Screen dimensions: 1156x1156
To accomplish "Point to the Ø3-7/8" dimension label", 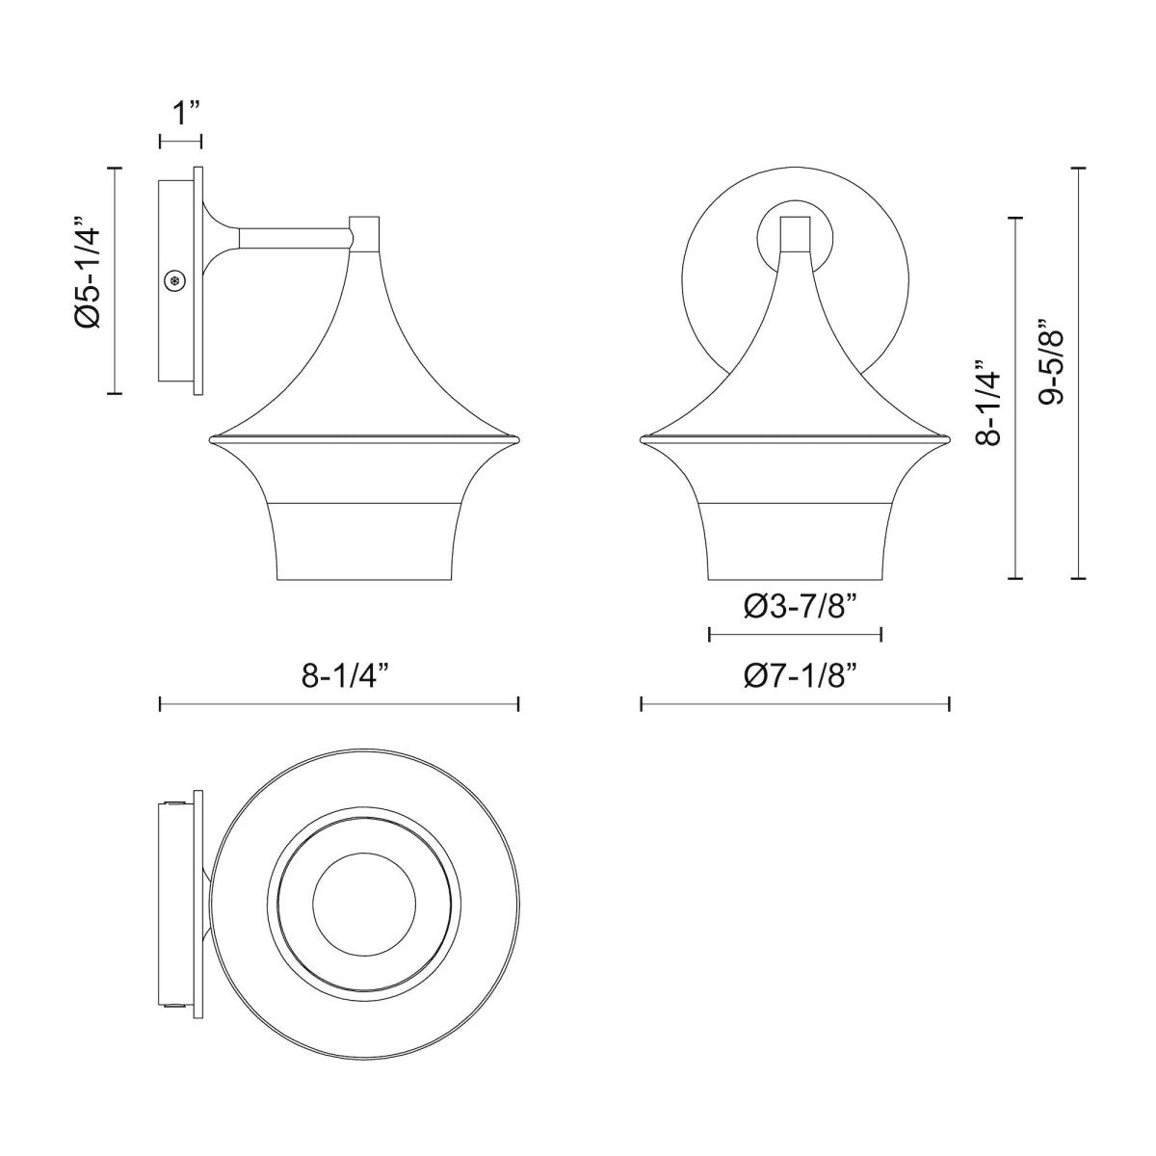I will tap(796, 606).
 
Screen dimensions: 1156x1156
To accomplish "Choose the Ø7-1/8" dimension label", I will tap(796, 677).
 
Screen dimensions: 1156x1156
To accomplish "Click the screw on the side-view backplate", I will tap(175, 280).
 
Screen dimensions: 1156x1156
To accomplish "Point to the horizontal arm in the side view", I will tap(294, 236).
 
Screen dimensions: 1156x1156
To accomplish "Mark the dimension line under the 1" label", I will tap(180, 142).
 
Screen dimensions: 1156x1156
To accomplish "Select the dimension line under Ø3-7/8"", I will tap(796, 634).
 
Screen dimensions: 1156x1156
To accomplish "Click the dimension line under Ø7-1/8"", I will tap(796, 705).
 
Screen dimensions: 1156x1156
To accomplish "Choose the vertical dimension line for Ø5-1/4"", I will tap(116, 280).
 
